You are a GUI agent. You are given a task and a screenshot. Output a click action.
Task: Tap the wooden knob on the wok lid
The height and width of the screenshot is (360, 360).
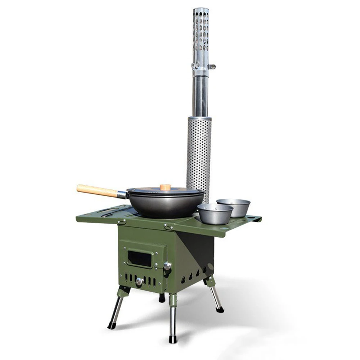pyautogui.click(x=165, y=187)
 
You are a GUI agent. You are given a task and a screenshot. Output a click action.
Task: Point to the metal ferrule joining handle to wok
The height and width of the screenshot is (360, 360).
pyautogui.click(x=122, y=195)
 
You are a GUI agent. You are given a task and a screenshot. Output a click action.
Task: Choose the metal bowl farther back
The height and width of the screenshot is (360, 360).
pyautogui.click(x=234, y=207)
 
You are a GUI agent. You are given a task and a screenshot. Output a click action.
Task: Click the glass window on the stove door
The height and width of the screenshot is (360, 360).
pyautogui.click(x=140, y=258)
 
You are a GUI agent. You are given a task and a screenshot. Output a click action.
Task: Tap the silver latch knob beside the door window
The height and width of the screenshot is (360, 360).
pyautogui.click(x=167, y=266)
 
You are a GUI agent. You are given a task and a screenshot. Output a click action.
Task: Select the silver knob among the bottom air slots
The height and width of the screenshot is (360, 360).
pyautogui.click(x=139, y=282)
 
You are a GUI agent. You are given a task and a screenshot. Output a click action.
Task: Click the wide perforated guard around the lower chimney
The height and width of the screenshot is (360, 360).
pyautogui.click(x=199, y=151)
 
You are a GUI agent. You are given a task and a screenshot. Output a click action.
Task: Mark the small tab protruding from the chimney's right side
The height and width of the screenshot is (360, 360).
pyautogui.click(x=212, y=67)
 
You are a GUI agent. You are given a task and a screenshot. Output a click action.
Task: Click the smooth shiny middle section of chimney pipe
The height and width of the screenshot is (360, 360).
pyautogui.click(x=200, y=95)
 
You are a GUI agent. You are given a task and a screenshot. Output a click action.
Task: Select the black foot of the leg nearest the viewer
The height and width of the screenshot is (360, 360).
pyautogui.click(x=173, y=339)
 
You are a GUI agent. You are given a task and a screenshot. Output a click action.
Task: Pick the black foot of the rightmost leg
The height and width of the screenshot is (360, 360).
pyautogui.click(x=220, y=309)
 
